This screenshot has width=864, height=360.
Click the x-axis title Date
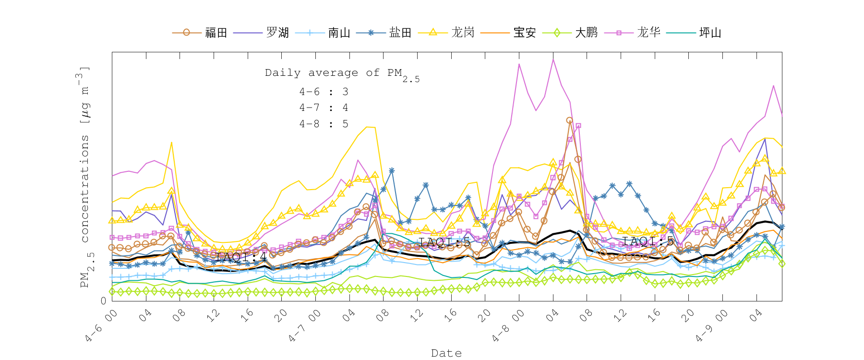(446, 353)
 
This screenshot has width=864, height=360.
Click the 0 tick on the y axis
(103, 301)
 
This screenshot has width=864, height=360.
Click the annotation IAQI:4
(241, 257)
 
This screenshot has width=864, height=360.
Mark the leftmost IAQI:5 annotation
(444, 242)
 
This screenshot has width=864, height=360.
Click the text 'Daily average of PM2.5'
(342, 73)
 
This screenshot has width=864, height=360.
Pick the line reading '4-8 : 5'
(324, 124)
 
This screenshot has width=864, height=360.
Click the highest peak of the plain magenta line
(553, 59)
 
